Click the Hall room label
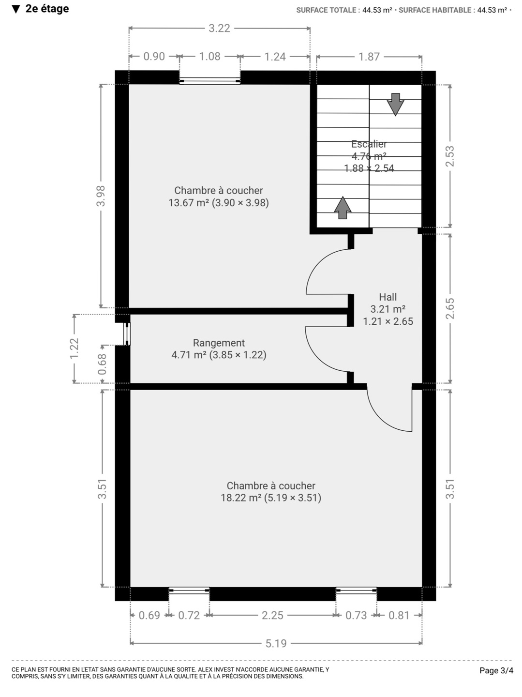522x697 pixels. pos(388,297)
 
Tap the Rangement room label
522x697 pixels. pos(219,343)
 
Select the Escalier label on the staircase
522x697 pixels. pos(369,144)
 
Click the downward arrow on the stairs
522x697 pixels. pos(395,104)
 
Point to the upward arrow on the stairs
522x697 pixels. pos(343,208)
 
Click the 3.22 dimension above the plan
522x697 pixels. pos(219,28)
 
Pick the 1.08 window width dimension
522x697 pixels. pos(209,57)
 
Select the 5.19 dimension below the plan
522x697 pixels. pos(276,643)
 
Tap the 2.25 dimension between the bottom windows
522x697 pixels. pos(272,615)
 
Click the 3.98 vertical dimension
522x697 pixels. pos(101,196)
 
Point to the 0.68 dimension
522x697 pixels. pos(102,364)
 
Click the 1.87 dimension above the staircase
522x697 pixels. pos(369,57)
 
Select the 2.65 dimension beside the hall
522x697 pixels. pos(450,308)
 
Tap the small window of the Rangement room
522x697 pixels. pos(127,334)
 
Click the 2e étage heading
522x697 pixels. pos(47,9)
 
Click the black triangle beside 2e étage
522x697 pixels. pos(16,9)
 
